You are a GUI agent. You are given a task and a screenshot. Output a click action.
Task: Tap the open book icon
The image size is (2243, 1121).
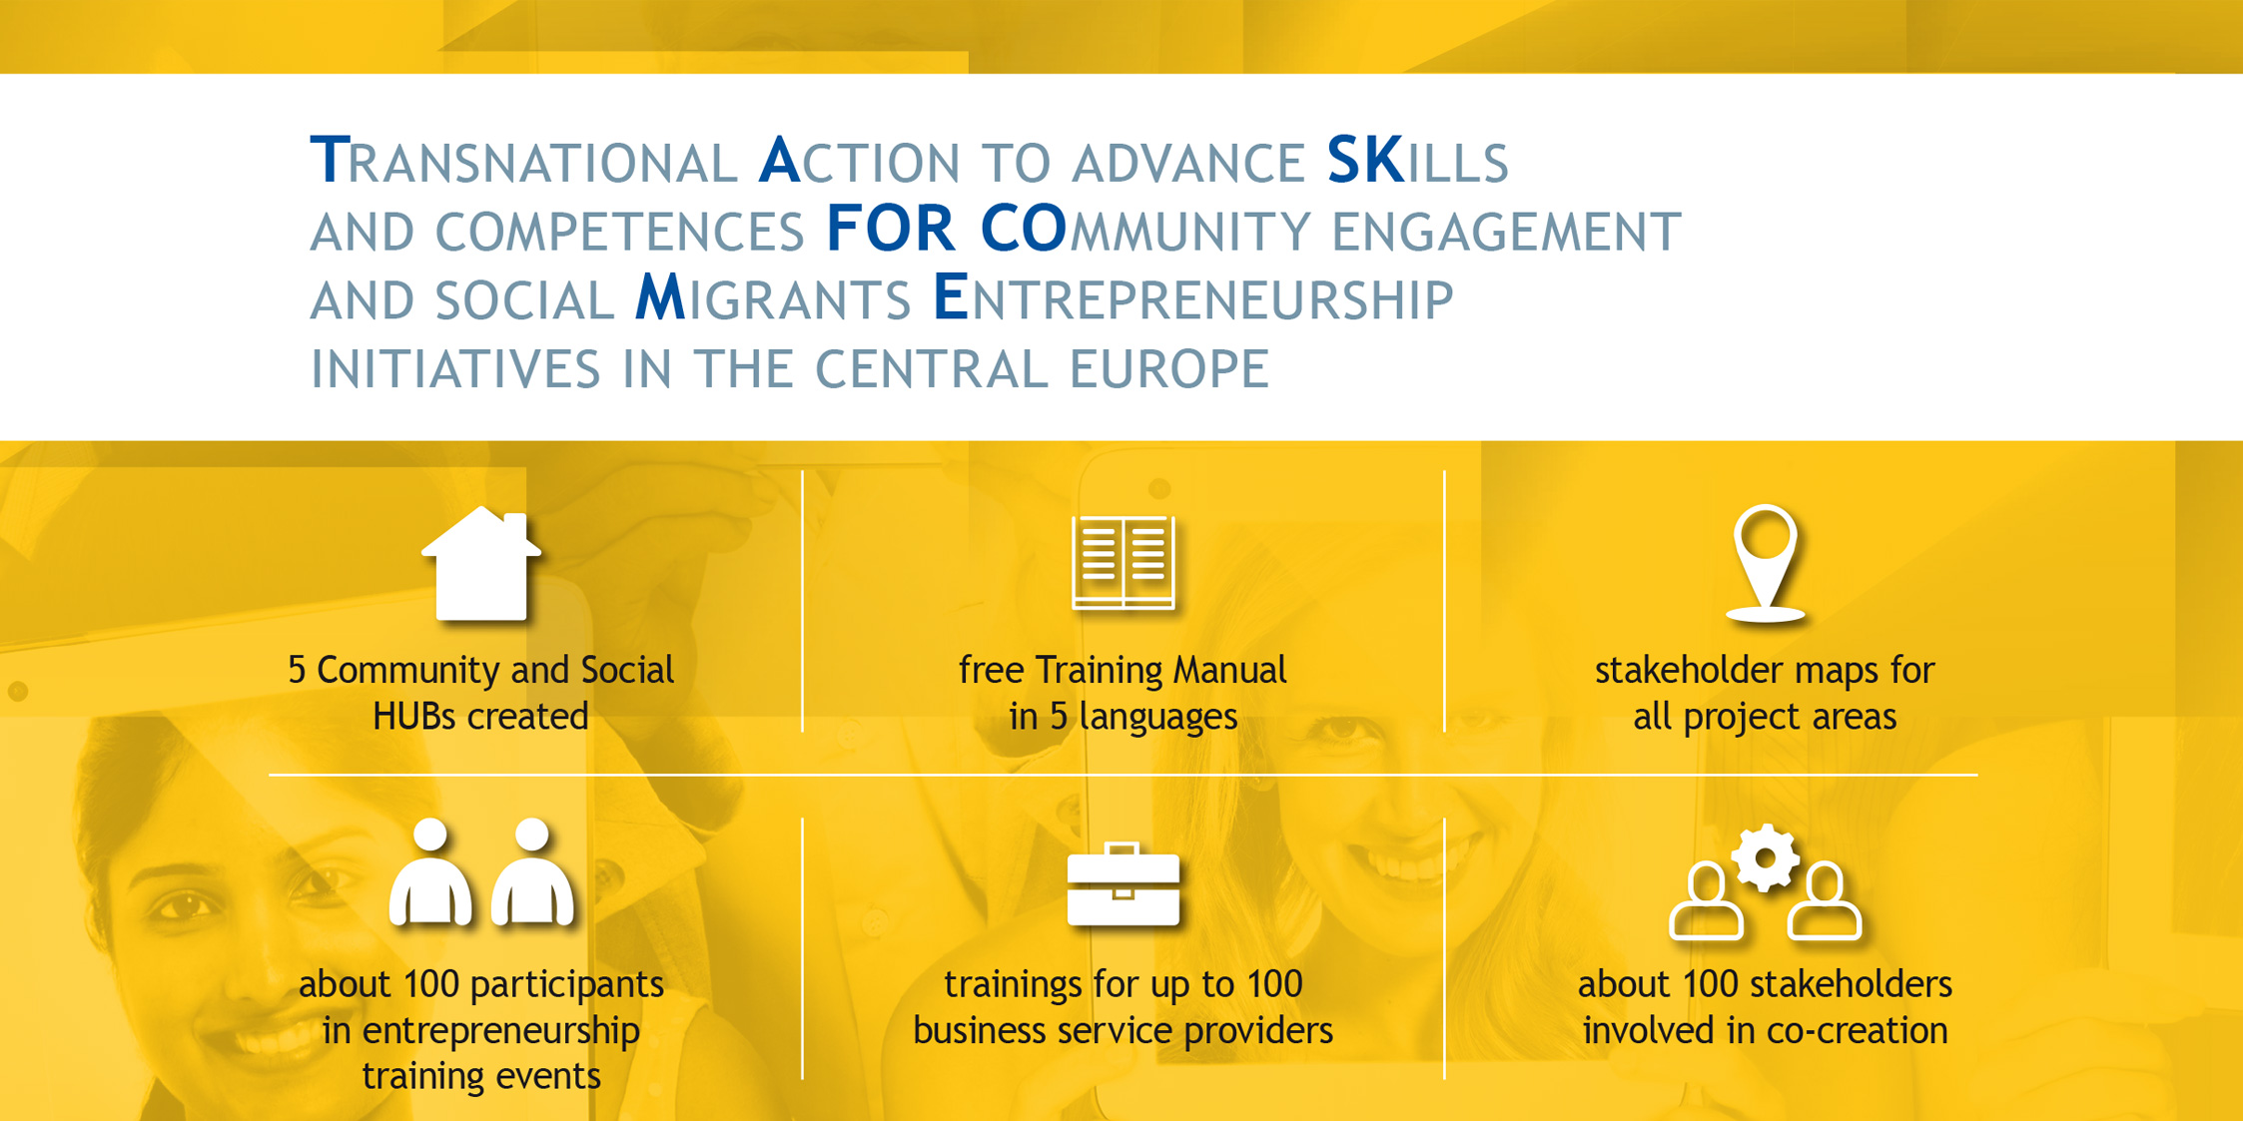tap(1122, 562)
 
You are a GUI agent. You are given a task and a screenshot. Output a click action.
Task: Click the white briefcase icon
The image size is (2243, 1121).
tap(1122, 884)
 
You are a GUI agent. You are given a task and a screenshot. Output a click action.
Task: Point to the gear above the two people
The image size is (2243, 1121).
tap(1766, 857)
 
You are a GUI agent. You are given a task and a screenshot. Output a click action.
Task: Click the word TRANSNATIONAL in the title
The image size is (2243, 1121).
tap(523, 161)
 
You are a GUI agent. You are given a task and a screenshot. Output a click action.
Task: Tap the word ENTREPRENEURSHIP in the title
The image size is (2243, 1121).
tap(1192, 298)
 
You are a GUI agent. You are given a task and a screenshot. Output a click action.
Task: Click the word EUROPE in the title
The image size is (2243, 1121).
tap(1168, 367)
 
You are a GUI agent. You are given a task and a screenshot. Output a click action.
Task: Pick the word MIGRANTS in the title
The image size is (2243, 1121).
tap(773, 298)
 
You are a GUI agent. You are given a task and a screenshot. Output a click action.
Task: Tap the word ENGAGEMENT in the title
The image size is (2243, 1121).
tap(1507, 231)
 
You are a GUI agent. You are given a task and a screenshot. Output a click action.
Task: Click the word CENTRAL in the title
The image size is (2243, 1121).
tap(932, 367)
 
